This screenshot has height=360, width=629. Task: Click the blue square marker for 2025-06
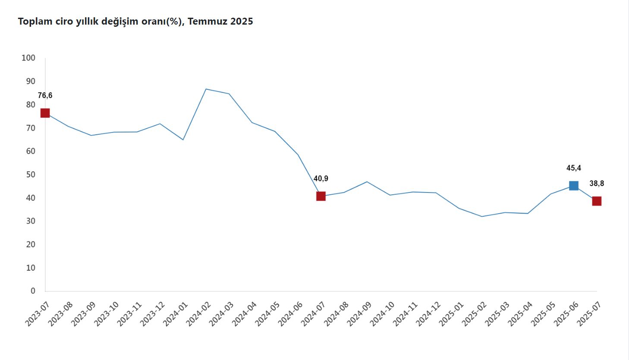(x=573, y=186)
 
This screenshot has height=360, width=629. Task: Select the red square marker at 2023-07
(x=45, y=113)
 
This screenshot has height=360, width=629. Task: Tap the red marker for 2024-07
(x=321, y=196)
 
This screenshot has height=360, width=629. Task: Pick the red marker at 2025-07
(x=597, y=201)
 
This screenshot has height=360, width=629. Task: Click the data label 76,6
(x=45, y=96)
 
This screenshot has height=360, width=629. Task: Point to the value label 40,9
(x=321, y=179)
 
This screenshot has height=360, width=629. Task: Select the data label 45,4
(x=573, y=168)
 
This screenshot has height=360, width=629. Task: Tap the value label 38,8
(x=597, y=183)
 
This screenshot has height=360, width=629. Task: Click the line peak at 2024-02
(x=206, y=89)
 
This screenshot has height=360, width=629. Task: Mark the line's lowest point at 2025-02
(x=482, y=216)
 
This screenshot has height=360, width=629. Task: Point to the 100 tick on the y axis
(x=28, y=58)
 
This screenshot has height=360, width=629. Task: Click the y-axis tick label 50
(x=31, y=174)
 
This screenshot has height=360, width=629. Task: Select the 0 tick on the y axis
(x=33, y=291)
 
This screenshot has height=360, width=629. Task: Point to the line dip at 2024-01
(x=183, y=139)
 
